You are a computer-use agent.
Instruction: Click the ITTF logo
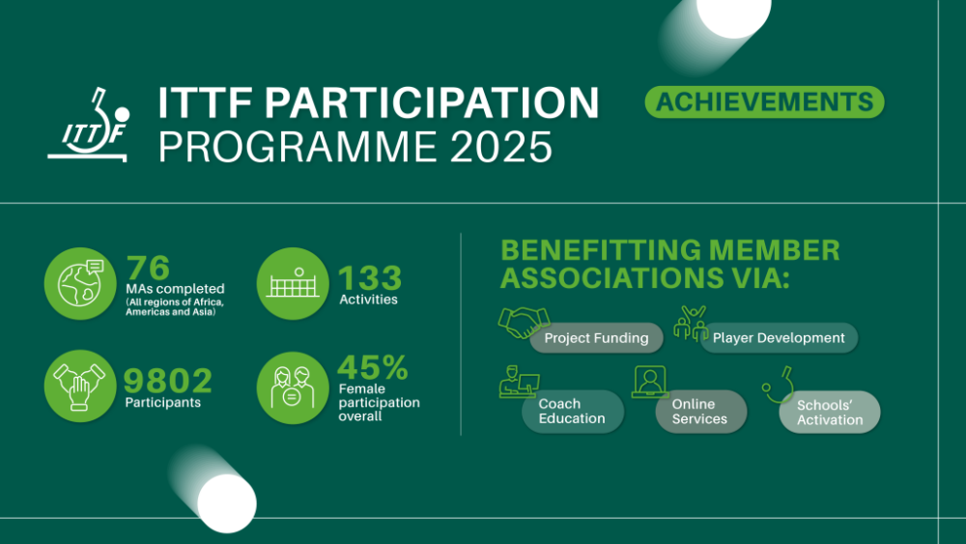(88, 125)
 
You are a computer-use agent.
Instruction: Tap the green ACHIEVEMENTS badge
(764, 101)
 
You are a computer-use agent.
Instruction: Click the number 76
(148, 268)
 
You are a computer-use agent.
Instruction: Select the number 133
(370, 278)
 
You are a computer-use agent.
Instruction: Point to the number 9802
(167, 381)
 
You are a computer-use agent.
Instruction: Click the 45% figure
(373, 368)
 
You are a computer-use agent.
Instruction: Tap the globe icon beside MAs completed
(80, 283)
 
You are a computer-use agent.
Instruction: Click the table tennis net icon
(293, 283)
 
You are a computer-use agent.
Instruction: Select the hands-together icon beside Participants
(80, 387)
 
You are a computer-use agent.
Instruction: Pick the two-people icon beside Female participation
(293, 387)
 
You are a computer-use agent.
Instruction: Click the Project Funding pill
(596, 337)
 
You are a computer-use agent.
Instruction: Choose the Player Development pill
(779, 337)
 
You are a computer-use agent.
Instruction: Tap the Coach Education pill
(572, 411)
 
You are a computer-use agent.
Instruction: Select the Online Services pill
(700, 411)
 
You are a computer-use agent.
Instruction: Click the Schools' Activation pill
(829, 413)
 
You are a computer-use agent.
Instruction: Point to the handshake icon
(524, 322)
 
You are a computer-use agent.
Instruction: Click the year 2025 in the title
(500, 147)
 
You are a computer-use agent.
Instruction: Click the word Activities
(368, 300)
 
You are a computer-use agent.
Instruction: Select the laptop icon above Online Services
(650, 382)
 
